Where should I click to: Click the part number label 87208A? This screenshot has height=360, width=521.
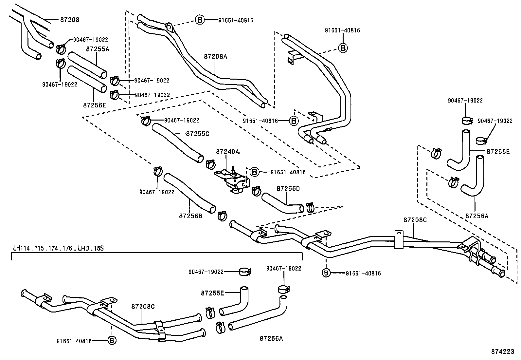coord(215,56)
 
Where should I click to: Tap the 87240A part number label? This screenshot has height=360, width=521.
coord(227,152)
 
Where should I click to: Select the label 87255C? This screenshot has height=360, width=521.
coord(197,134)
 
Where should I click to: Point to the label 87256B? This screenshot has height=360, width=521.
coord(191,216)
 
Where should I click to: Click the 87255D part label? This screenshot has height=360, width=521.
coord(288,189)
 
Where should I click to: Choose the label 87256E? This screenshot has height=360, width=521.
coord(95,105)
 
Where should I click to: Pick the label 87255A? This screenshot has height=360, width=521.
coord(98,49)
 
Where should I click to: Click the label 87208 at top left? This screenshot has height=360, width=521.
coord(70,20)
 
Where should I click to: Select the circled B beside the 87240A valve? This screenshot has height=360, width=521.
coord(254,172)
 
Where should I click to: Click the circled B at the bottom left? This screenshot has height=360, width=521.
coord(112,340)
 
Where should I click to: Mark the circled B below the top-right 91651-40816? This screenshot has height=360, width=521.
coord(343,47)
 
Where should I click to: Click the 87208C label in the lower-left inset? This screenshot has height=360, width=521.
coord(143,307)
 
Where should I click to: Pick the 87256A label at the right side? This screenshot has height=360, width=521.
coord(477,216)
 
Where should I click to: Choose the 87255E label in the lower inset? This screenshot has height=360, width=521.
coord(212,293)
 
